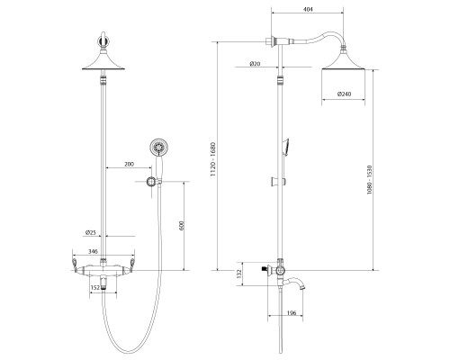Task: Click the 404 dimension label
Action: click(308, 9)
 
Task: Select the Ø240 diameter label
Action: click(344, 94)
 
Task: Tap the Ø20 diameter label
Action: click(255, 64)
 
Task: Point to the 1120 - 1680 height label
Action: click(213, 159)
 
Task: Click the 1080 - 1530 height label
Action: click(369, 180)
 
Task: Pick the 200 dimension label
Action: click(129, 164)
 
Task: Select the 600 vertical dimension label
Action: click(181, 226)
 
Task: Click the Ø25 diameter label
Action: click(90, 232)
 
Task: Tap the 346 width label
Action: click(94, 251)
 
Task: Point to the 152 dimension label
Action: click(94, 287)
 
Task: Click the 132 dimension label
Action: click(238, 274)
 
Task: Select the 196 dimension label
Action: click(292, 313)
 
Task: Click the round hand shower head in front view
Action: click(158, 148)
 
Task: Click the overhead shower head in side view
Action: click(343, 59)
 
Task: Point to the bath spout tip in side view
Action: click(302, 288)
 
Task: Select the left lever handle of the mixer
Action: click(75, 262)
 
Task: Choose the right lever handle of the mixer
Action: click(131, 262)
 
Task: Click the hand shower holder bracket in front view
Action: click(151, 181)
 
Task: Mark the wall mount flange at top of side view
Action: click(270, 41)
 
